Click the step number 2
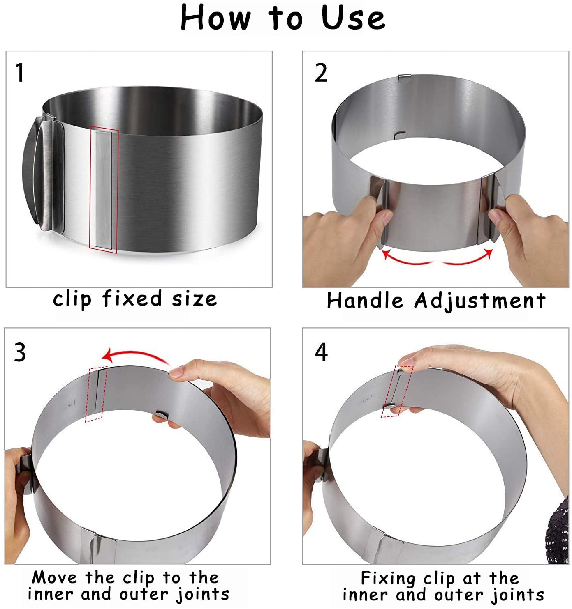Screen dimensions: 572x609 click(x=321, y=73)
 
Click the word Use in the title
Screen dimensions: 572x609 click(x=353, y=18)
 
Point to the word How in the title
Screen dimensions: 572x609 click(x=215, y=18)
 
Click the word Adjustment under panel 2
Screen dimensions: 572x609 click(x=480, y=301)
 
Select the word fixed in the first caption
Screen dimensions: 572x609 click(x=132, y=298)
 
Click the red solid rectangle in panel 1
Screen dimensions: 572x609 click(x=104, y=190)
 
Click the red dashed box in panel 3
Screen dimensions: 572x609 click(x=96, y=394)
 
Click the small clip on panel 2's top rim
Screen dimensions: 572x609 click(x=404, y=78)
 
